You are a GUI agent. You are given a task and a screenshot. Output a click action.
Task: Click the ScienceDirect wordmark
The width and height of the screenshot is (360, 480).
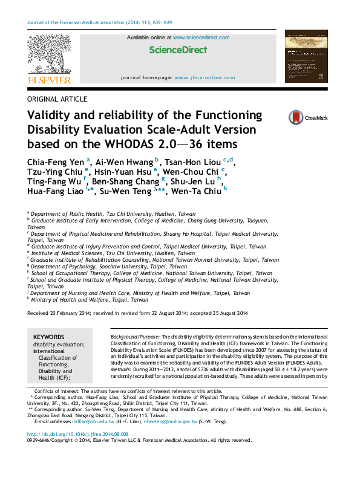tap(178, 51)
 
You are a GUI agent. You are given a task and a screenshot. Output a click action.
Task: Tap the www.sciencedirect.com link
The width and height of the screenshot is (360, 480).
tap(201, 37)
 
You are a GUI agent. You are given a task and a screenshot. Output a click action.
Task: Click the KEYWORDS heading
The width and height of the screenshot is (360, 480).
tap(48, 337)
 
